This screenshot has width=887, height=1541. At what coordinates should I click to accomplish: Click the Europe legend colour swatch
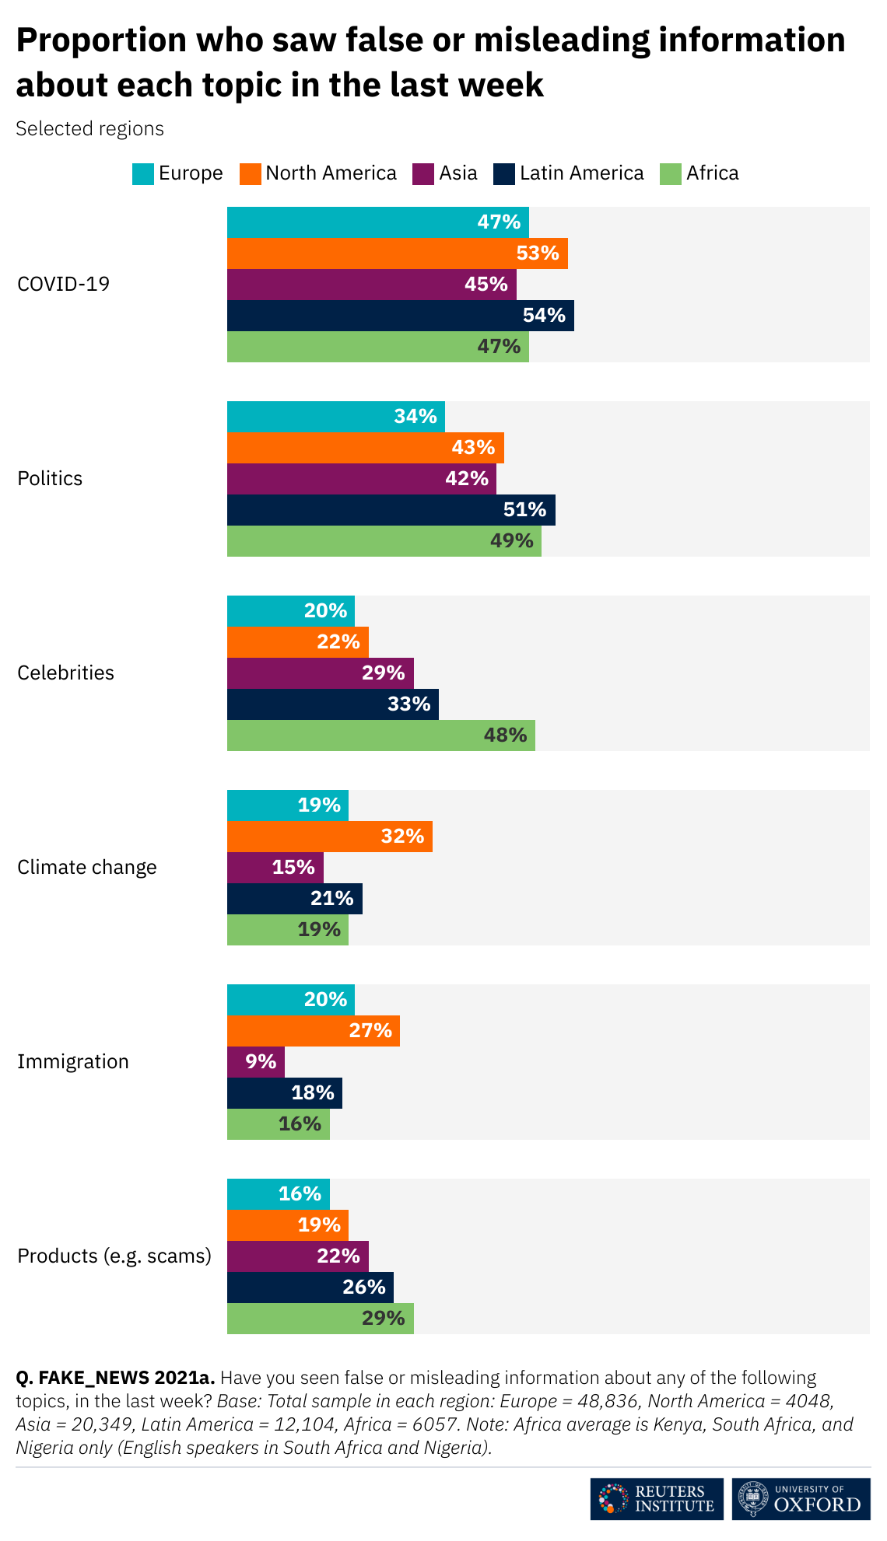click(143, 173)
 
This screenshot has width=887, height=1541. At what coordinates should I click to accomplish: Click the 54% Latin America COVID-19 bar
click(400, 316)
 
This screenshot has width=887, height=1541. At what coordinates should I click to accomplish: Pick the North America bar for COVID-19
click(397, 253)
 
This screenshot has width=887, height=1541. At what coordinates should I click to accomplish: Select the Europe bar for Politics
click(335, 417)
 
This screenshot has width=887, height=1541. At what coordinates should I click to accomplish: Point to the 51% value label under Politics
click(524, 510)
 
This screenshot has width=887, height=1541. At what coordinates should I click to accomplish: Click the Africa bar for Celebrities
click(380, 736)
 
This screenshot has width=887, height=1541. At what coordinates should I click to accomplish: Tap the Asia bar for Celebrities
click(320, 673)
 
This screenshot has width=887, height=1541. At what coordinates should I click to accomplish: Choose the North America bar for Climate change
click(329, 837)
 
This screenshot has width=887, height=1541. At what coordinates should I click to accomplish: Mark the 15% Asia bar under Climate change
click(275, 868)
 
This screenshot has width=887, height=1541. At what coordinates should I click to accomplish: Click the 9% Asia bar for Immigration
click(255, 1062)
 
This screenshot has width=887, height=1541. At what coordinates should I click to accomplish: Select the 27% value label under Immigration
click(370, 1031)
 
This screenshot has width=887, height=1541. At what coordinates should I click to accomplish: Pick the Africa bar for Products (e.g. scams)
click(320, 1319)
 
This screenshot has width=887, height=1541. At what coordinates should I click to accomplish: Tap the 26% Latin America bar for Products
click(310, 1288)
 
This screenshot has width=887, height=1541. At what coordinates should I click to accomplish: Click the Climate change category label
click(87, 868)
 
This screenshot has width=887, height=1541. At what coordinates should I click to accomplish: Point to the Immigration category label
click(73, 1062)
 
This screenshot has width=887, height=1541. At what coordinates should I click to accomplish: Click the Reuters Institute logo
click(656, 1499)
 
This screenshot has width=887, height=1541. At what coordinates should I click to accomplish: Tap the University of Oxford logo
click(801, 1499)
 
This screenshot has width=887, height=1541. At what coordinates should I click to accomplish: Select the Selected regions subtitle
click(90, 129)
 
